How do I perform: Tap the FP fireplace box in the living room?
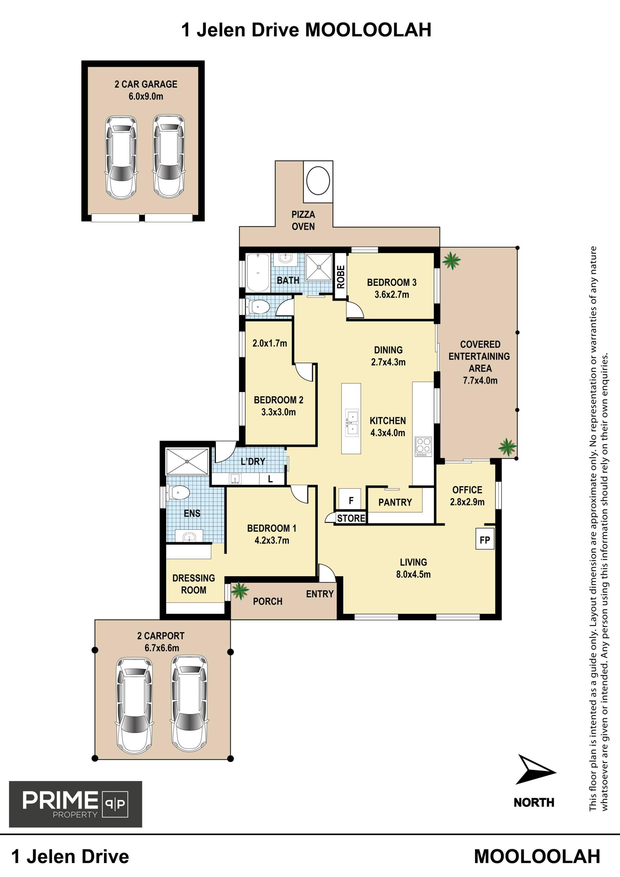click(x=485, y=538)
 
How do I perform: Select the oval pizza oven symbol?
click(x=318, y=182)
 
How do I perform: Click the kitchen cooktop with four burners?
click(x=423, y=446)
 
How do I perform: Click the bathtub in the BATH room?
click(x=258, y=273)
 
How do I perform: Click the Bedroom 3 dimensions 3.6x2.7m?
click(x=392, y=295)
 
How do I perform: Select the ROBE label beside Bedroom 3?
click(x=341, y=277)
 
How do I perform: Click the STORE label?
click(x=351, y=518)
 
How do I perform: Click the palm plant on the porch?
click(x=240, y=590)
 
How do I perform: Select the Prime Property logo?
click(x=76, y=804)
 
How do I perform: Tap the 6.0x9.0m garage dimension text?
click(x=146, y=96)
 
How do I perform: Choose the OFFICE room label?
click(x=467, y=490)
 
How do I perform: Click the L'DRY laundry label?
click(x=253, y=461)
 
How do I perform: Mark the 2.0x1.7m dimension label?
click(x=270, y=343)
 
